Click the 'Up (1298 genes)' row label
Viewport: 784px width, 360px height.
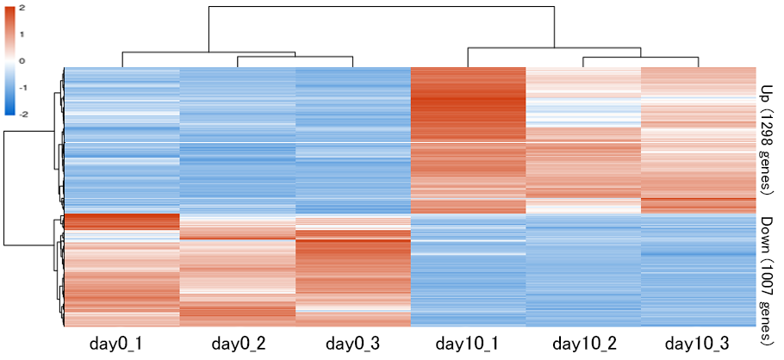[765, 138]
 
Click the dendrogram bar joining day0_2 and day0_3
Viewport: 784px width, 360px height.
[295, 57]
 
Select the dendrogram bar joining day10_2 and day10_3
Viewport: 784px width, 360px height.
[641, 57]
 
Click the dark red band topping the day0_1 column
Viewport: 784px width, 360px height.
[121, 221]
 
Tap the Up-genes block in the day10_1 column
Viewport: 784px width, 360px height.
[468, 138]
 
